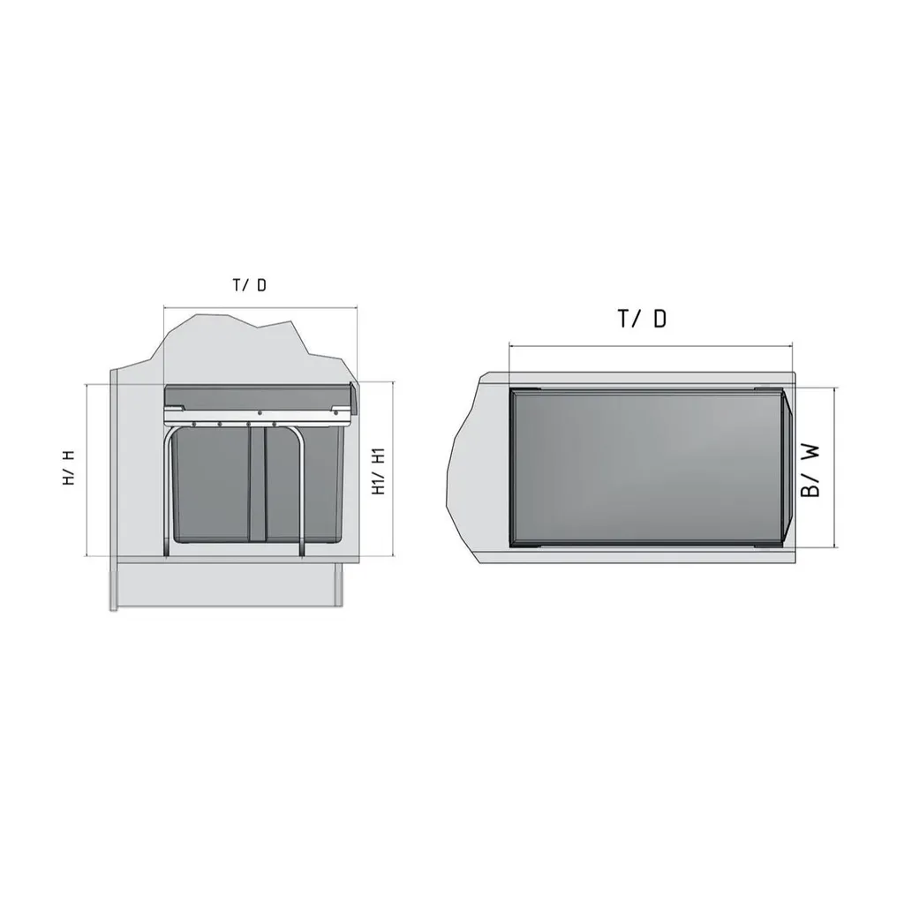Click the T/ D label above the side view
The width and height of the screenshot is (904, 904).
(x=250, y=285)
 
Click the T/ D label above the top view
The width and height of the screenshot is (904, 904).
(x=643, y=319)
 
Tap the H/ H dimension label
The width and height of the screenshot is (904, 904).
(x=69, y=468)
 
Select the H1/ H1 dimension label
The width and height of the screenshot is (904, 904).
(x=378, y=471)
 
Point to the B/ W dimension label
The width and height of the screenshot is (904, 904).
(x=810, y=470)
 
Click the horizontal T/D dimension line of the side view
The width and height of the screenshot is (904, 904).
(x=260, y=308)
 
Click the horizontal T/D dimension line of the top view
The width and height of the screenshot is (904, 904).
(x=651, y=346)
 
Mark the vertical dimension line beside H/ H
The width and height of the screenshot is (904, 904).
(x=87, y=470)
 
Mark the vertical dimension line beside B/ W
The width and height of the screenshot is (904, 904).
(x=834, y=468)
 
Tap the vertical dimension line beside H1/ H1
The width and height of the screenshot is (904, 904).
(x=393, y=469)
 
